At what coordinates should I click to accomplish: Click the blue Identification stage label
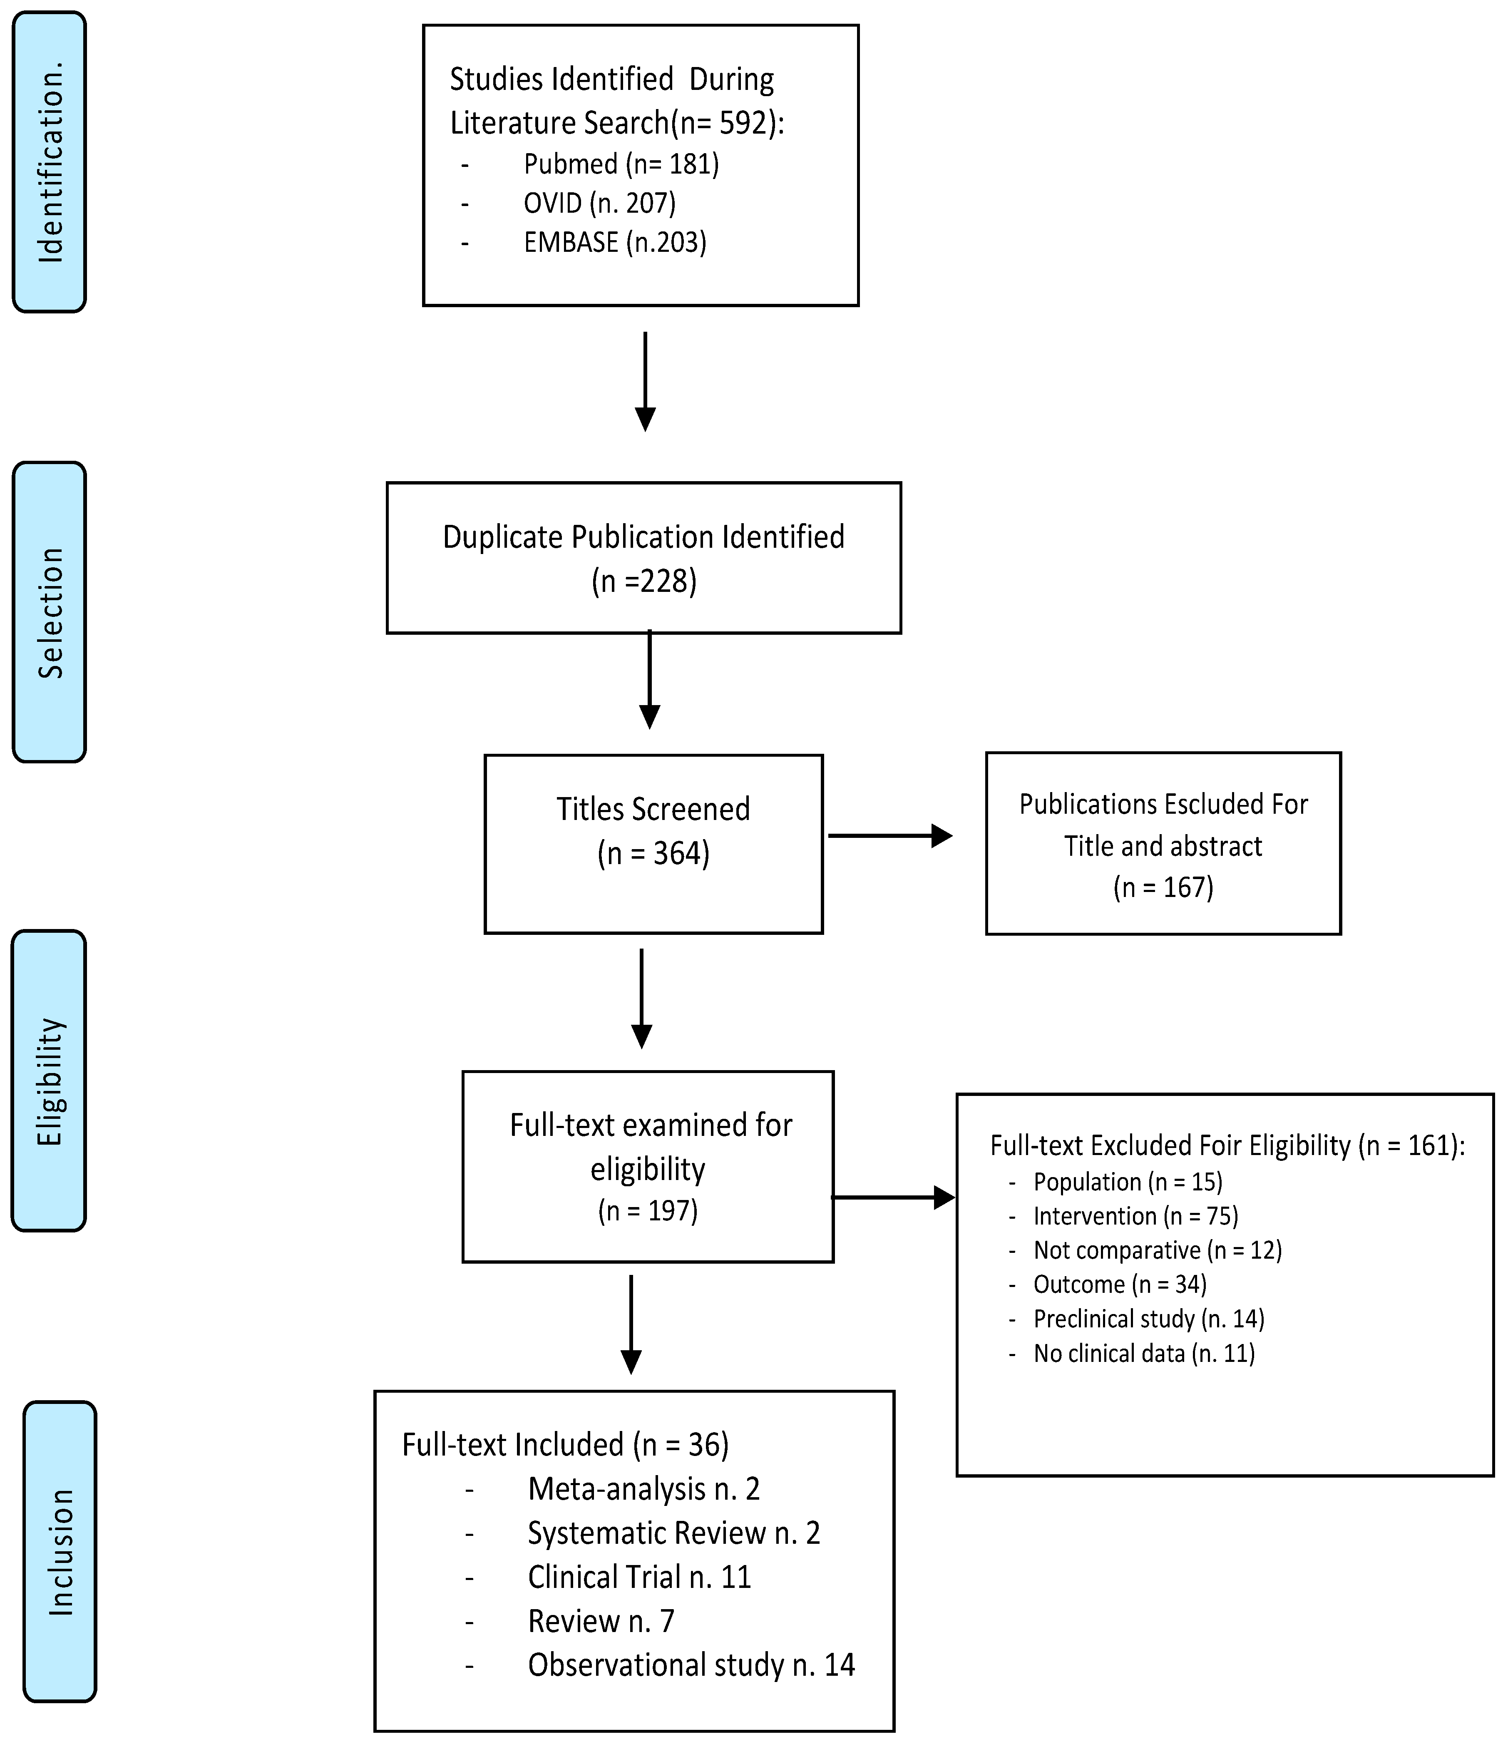(x=49, y=161)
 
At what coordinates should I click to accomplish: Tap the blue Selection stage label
(x=49, y=612)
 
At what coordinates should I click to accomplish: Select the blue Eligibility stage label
(x=49, y=1081)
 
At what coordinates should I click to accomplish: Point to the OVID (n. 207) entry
(x=599, y=203)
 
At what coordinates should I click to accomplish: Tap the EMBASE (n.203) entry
(x=614, y=242)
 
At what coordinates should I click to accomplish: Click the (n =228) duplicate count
(x=644, y=581)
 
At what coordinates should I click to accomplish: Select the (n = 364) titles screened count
(x=653, y=854)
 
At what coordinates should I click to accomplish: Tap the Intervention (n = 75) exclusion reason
(x=1135, y=1215)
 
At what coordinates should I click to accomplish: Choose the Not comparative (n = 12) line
(x=1157, y=1250)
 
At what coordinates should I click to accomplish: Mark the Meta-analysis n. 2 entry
(x=644, y=1489)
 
